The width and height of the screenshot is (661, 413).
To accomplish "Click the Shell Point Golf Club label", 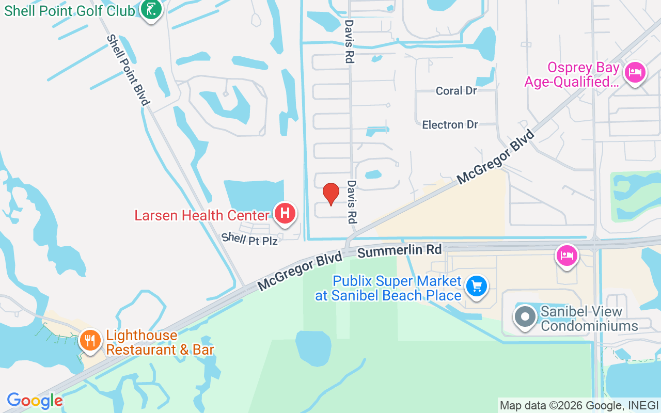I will click(69, 11).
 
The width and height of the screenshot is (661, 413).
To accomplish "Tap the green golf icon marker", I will click(151, 10).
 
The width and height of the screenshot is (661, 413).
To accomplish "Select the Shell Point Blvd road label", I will click(128, 70).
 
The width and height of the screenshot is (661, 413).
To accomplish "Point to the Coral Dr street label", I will click(456, 91).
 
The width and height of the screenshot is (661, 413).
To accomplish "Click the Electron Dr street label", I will click(450, 124).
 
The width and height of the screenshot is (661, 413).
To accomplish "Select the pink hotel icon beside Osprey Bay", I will click(635, 72).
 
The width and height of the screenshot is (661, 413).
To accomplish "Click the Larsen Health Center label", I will click(202, 215).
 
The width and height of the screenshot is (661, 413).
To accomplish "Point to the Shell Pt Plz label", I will click(249, 239).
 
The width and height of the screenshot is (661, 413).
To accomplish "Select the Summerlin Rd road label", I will click(400, 251).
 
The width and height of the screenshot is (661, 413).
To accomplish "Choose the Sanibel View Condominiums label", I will click(589, 319).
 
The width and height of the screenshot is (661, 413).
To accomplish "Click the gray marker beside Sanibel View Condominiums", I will click(526, 316).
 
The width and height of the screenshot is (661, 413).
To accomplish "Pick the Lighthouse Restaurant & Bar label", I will click(160, 342).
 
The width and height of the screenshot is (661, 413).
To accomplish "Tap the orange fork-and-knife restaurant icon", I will click(91, 340).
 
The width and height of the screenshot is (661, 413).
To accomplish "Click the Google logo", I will click(35, 401).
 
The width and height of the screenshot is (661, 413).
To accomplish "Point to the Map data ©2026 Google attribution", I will click(578, 406).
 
